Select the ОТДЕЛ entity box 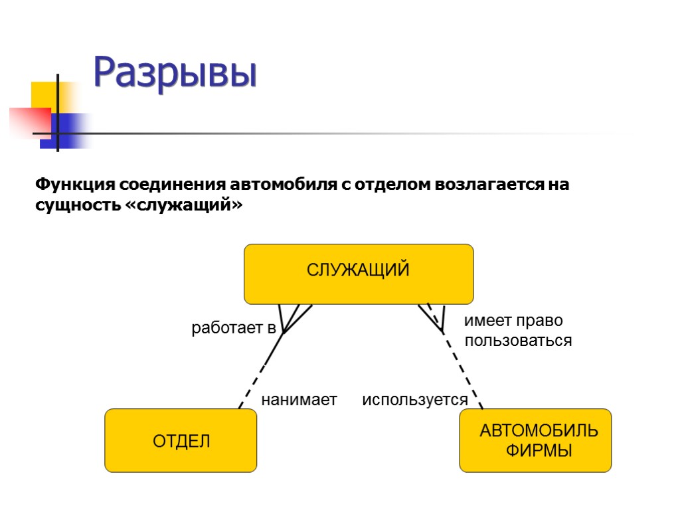point(181,440)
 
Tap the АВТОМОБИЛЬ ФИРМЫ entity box point(535,440)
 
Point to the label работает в point(233,327)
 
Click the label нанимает point(299,400)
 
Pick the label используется point(414,400)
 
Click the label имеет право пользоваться point(517,331)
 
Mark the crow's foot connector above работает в point(292,317)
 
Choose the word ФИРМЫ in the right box point(539,450)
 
